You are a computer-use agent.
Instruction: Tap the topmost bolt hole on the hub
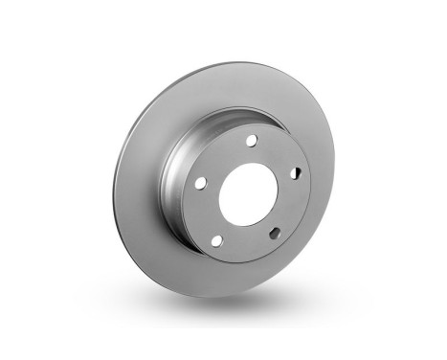(x=251, y=141)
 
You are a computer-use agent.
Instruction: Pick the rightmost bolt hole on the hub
(x=295, y=172)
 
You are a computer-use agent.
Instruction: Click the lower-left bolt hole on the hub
(x=217, y=238)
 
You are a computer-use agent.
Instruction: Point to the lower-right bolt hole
(x=277, y=232)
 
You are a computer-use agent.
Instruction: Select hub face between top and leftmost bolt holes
(x=222, y=155)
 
